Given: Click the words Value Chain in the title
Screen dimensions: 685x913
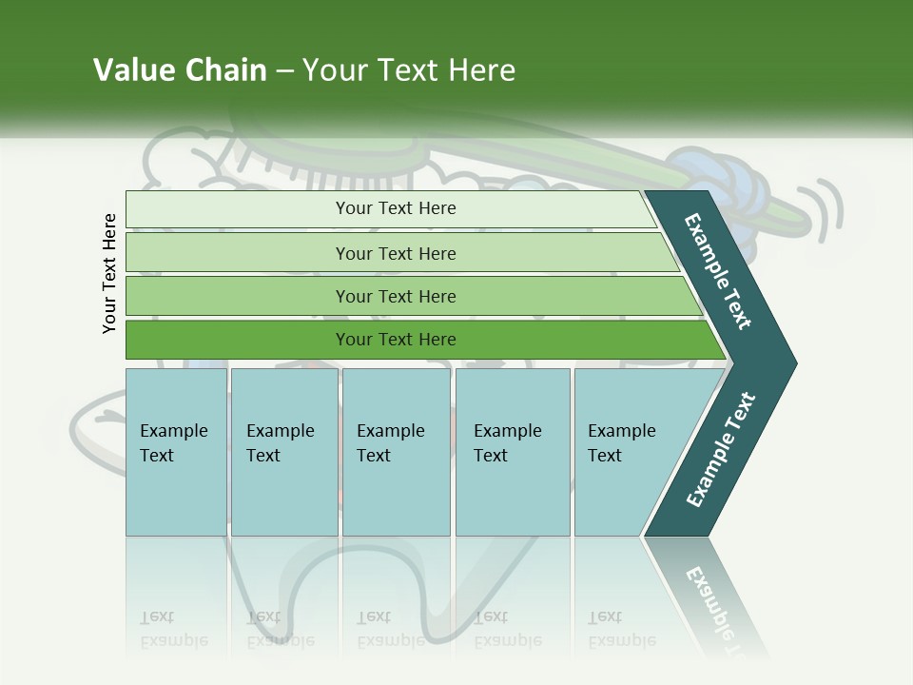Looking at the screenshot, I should (x=180, y=70).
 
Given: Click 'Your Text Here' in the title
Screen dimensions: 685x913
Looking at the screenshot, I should (x=409, y=70).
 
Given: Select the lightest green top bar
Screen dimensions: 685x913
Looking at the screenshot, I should (x=390, y=208).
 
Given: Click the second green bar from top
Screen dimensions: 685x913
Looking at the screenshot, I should (x=399, y=253).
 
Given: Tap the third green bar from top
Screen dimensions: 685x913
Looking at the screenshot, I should (x=409, y=296).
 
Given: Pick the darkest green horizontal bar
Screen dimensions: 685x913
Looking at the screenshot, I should (x=418, y=340).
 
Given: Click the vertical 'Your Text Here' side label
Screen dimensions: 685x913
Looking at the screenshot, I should (x=109, y=273).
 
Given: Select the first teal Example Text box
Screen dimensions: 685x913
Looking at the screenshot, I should (x=176, y=452).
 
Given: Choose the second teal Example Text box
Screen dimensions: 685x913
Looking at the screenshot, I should (x=283, y=452).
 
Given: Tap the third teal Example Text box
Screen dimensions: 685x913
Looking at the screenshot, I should (x=395, y=452).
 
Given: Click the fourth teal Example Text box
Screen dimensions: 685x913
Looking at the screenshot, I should (x=512, y=452).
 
